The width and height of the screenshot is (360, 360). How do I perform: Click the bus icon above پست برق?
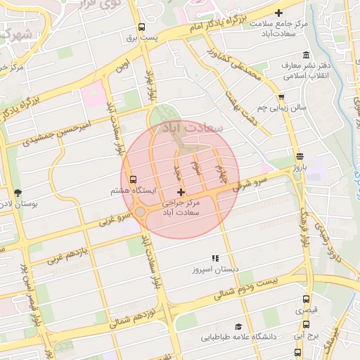[x=142, y=27]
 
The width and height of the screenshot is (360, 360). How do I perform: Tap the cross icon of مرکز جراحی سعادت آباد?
[x=181, y=192]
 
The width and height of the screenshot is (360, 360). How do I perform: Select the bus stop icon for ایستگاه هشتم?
[x=134, y=179]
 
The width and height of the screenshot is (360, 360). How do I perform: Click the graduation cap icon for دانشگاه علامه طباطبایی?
[x=238, y=327]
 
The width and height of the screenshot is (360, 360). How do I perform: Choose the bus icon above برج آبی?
[x=306, y=325]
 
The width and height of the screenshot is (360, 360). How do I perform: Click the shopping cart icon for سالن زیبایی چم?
[x=281, y=97]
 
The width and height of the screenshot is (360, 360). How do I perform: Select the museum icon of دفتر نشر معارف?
[x=305, y=56]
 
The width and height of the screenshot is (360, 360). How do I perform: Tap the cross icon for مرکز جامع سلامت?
[x=279, y=13]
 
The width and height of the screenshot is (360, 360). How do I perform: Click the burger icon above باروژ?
[x=300, y=156]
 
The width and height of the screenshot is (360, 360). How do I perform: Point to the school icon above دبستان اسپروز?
[x=215, y=258]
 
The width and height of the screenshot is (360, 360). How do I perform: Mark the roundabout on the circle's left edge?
[x=140, y=212]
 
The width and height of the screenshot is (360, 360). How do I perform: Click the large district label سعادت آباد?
[x=192, y=129]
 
